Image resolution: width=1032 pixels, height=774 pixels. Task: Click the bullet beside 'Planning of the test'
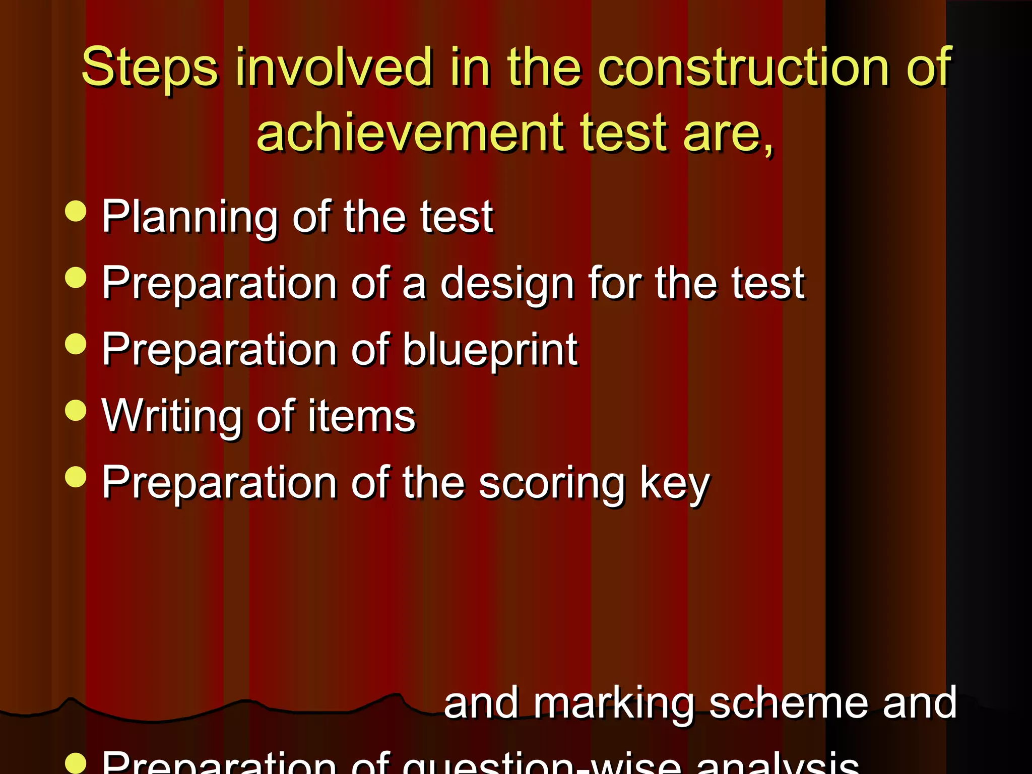click(x=76, y=211)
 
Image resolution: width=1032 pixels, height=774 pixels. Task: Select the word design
click(x=507, y=284)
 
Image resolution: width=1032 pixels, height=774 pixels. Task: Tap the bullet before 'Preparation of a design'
click(x=76, y=278)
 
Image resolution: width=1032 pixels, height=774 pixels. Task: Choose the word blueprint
click(x=490, y=351)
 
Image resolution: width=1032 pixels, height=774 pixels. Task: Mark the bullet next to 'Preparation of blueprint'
click(x=76, y=344)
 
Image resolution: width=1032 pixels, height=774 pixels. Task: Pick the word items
click(x=361, y=416)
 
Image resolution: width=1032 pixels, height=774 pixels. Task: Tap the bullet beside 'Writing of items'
click(x=76, y=410)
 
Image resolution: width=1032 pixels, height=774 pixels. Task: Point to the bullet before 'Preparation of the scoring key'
click(x=76, y=477)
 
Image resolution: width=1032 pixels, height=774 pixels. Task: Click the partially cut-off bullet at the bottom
click(x=76, y=764)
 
